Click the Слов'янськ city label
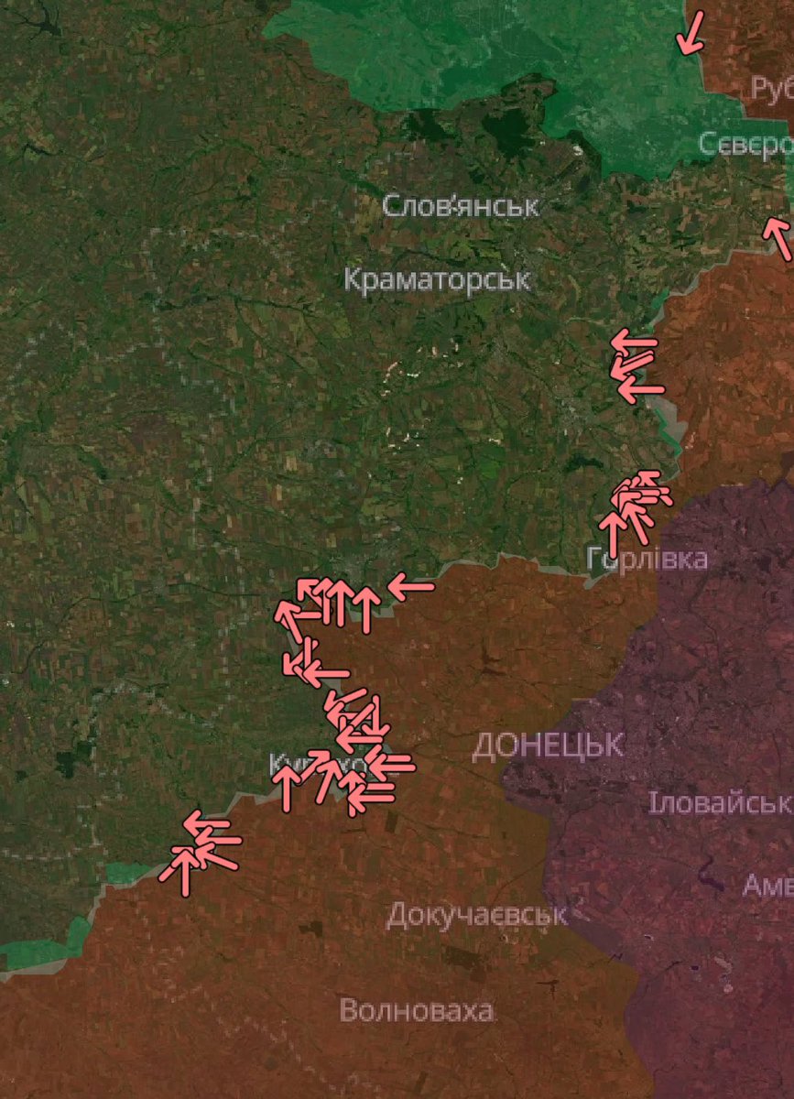pyautogui.click(x=460, y=205)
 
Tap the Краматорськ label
pyautogui.click(x=437, y=278)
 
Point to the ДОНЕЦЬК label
pyautogui.click(x=548, y=745)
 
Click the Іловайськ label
pyautogui.click(x=719, y=803)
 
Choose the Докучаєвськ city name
pyautogui.click(x=476, y=914)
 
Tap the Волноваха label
pyautogui.click(x=417, y=1011)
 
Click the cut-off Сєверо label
pyautogui.click(x=745, y=145)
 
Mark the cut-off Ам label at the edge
pyautogui.click(x=767, y=885)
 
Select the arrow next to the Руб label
pyautogui.click(x=691, y=33)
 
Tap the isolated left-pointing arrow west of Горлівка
pyautogui.click(x=410, y=586)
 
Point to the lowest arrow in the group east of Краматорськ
pyautogui.click(x=640, y=389)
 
